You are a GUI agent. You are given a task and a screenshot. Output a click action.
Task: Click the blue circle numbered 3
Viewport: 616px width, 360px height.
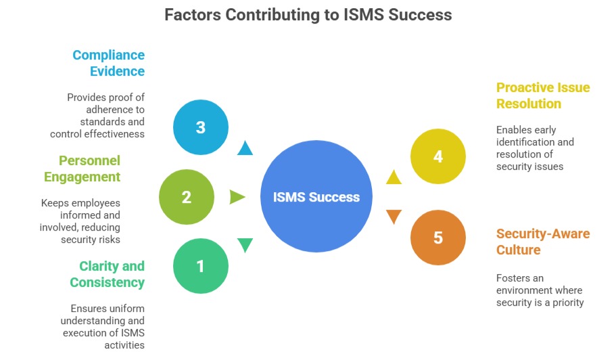click(x=201, y=127)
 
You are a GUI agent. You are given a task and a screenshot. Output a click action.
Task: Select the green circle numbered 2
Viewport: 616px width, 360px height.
click(x=187, y=197)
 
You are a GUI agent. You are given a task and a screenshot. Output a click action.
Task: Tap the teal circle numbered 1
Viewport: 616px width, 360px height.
click(x=201, y=266)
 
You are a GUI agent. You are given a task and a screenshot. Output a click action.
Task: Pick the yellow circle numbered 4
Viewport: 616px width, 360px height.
click(x=438, y=156)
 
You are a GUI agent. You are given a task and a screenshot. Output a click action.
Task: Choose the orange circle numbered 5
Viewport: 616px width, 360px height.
click(x=438, y=238)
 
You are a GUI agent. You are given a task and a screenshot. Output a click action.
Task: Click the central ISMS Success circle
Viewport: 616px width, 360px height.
click(x=316, y=197)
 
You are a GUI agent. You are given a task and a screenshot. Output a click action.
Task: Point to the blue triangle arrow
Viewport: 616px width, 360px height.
click(x=245, y=148)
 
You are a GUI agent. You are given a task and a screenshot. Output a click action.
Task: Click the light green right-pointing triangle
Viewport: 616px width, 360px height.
click(x=237, y=197)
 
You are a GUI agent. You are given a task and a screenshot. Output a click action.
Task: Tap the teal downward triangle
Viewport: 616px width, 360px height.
click(x=245, y=245)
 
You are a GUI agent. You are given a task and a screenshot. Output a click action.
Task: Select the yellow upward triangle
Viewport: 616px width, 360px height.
click(x=394, y=177)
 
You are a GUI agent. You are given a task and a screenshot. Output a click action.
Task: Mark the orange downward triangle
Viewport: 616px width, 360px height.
click(x=394, y=217)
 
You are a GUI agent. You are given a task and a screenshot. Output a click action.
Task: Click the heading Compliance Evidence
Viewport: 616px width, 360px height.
click(x=108, y=63)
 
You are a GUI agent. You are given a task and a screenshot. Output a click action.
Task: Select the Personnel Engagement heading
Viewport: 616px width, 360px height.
click(x=82, y=168)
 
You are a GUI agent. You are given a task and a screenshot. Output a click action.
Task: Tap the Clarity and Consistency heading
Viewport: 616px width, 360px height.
click(x=108, y=274)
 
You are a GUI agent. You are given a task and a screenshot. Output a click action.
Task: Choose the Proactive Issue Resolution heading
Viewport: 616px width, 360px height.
click(x=543, y=95)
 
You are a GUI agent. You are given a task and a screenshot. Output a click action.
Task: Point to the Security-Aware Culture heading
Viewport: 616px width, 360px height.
click(x=543, y=242)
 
